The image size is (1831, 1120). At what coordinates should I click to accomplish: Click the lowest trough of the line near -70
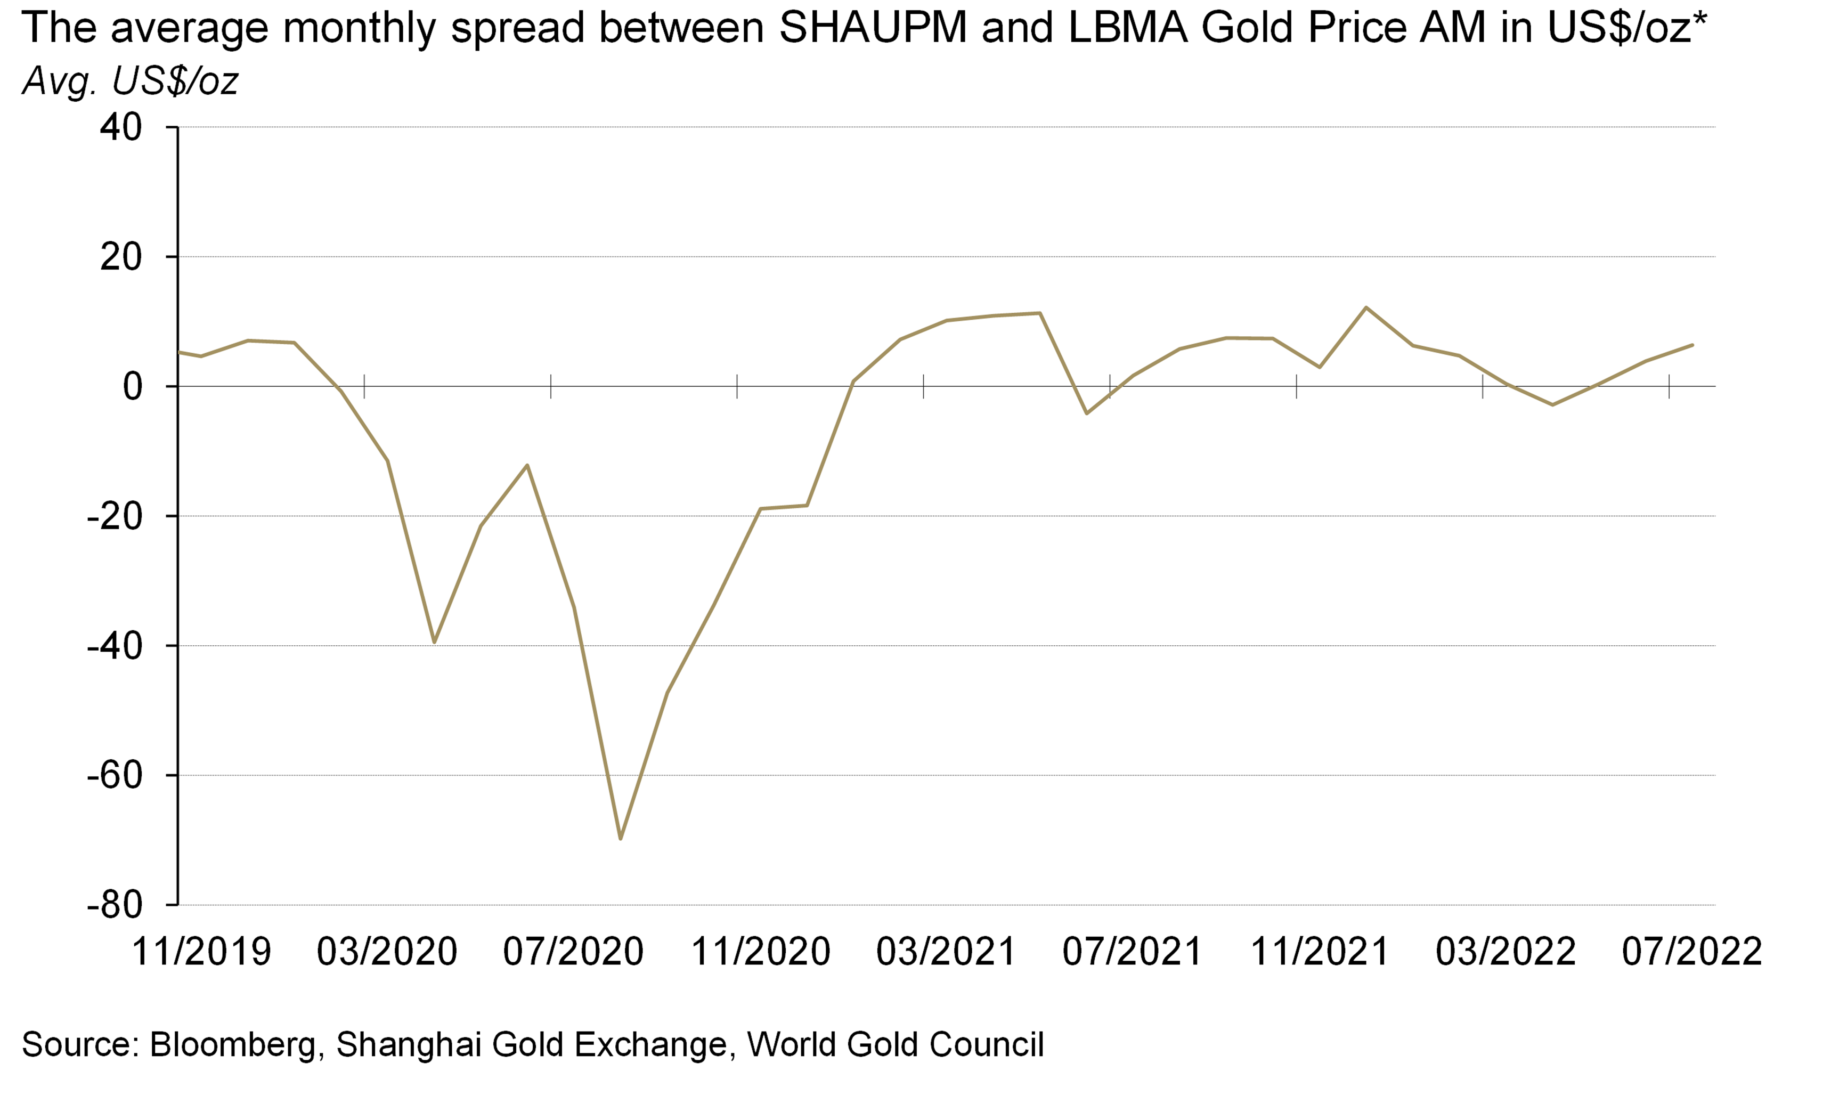[x=621, y=838]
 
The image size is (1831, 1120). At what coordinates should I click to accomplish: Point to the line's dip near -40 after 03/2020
[x=434, y=642]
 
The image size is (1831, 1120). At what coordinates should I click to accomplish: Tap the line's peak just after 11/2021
[x=1366, y=307]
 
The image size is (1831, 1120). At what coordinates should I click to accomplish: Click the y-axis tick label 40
[x=120, y=128]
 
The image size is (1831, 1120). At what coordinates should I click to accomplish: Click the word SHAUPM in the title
[x=873, y=28]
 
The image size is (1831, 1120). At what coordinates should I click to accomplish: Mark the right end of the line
[x=1692, y=345]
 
